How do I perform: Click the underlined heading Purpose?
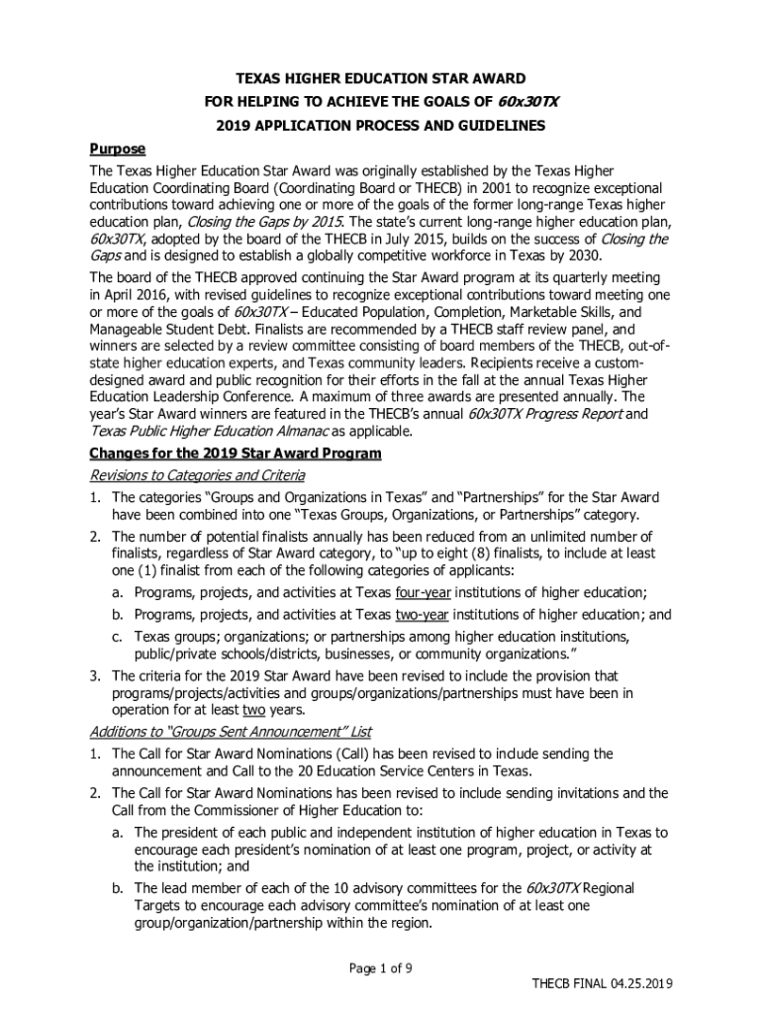[118, 149]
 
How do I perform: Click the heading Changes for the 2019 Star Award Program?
[235, 454]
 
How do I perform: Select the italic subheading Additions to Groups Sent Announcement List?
[231, 732]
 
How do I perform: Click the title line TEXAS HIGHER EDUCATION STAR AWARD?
[379, 78]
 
